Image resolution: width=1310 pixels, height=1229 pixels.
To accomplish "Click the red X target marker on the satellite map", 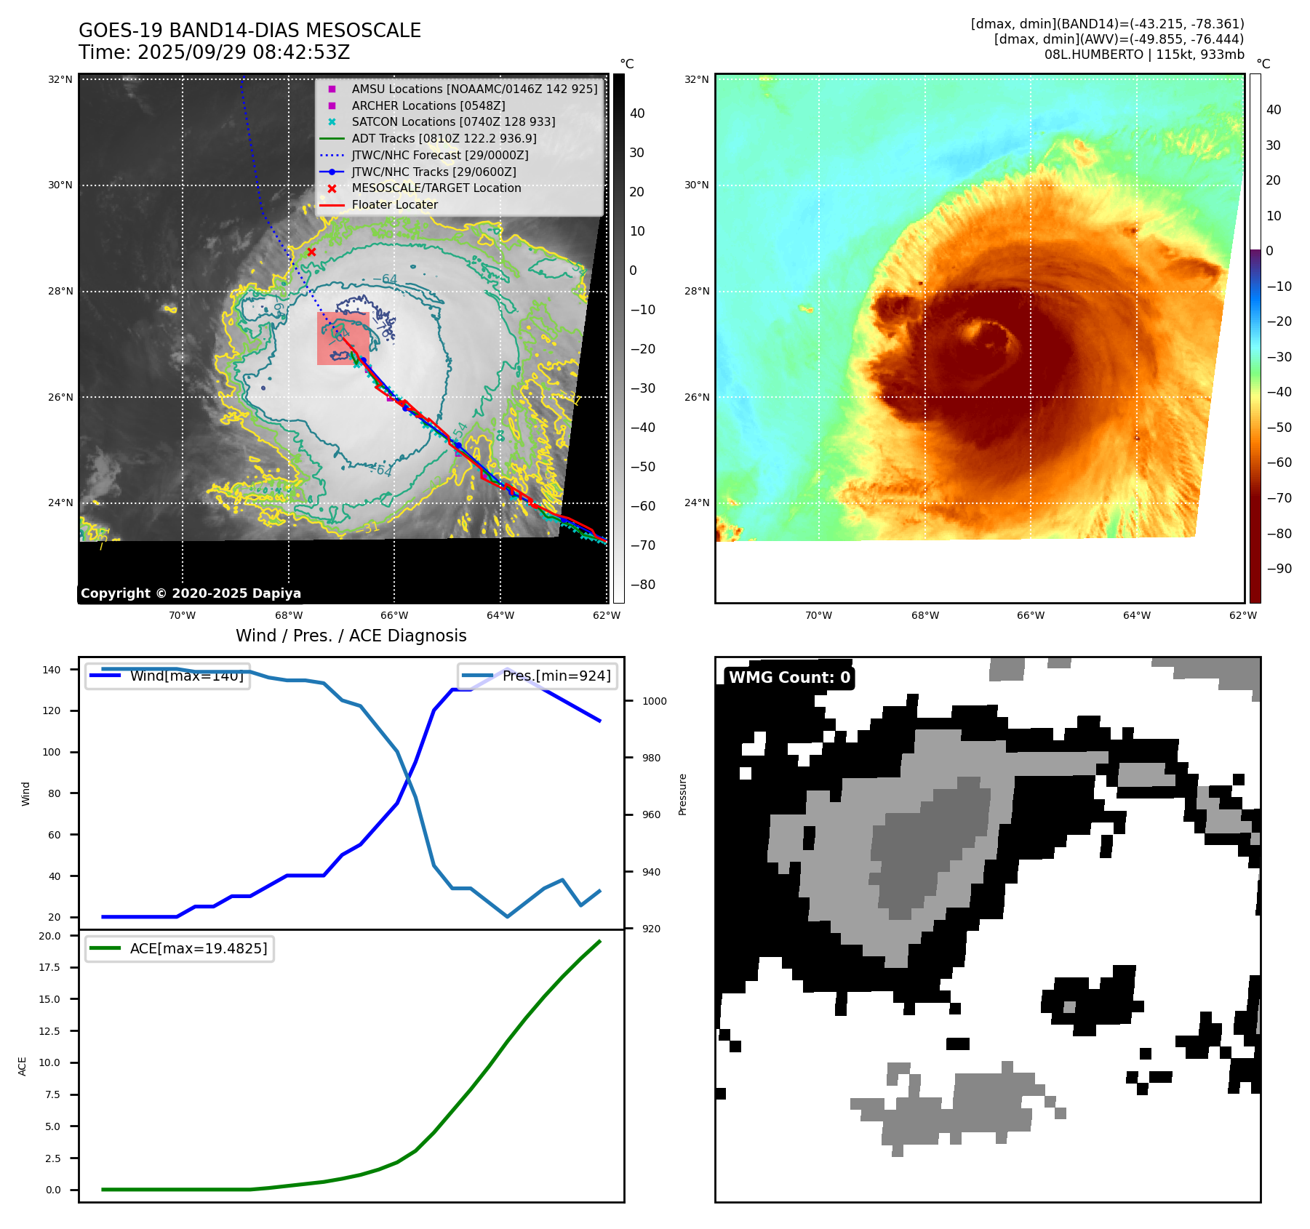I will (311, 252).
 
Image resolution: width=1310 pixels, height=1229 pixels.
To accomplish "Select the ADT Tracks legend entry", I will (444, 138).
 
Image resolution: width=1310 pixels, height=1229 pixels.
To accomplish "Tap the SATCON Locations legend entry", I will (453, 121).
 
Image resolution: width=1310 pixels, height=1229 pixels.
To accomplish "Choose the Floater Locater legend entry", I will (394, 204).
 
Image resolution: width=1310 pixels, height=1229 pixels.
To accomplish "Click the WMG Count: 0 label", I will (789, 677).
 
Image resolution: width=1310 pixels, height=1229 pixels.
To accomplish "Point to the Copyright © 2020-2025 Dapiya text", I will (191, 593).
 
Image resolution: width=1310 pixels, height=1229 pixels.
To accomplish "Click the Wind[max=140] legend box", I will (167, 676).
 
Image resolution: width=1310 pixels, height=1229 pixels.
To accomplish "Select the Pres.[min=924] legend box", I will (538, 676).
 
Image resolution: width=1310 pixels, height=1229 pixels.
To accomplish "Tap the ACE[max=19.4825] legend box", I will (180, 948).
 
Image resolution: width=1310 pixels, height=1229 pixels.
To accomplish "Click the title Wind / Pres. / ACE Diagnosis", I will (351, 636).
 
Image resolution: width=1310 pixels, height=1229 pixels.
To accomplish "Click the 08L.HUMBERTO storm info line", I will (1143, 55).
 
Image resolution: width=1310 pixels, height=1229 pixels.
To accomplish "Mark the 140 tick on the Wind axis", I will (52, 670).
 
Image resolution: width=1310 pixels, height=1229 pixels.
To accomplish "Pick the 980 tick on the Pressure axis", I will (651, 758).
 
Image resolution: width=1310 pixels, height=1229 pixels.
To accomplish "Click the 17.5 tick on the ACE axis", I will (49, 967).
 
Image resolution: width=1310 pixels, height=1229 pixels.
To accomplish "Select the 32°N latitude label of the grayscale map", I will (60, 79).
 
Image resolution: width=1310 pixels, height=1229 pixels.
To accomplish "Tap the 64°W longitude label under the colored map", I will (1136, 615).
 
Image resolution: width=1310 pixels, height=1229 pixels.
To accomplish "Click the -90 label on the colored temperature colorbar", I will (1279, 569).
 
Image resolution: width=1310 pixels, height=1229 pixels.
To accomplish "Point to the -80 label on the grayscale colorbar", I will (642, 585).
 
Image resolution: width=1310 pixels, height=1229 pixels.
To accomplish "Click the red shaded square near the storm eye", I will (342, 338).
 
